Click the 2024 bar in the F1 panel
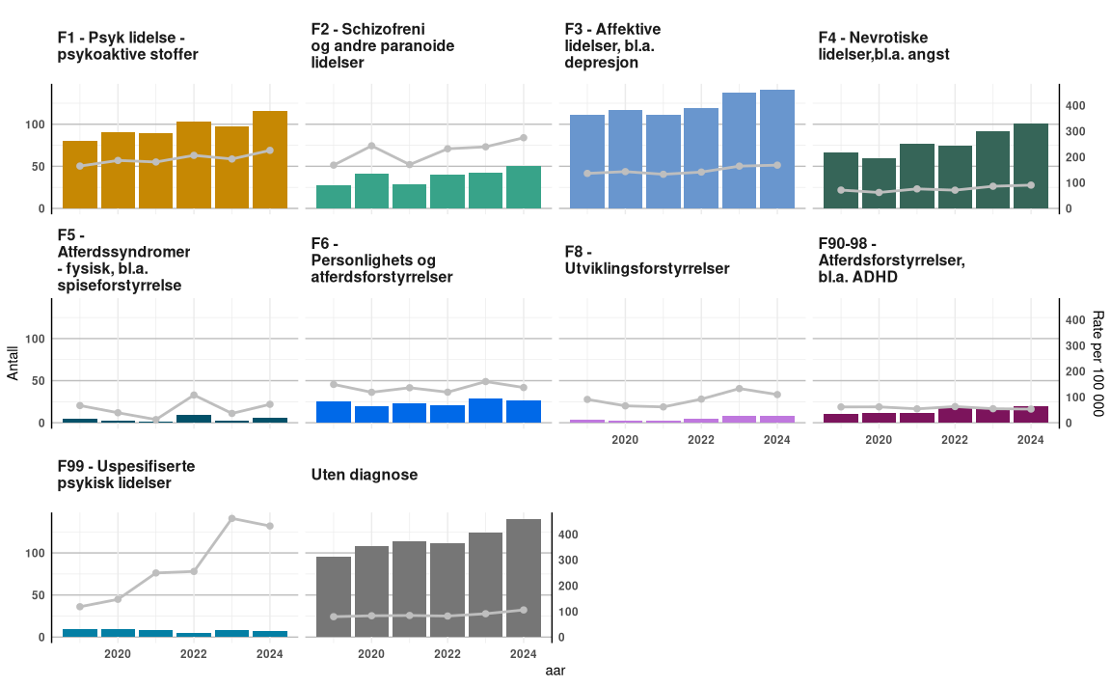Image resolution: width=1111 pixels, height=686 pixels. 270,160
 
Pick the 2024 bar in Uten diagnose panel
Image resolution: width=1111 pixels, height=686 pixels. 524,579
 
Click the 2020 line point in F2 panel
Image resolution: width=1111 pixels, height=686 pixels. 371,146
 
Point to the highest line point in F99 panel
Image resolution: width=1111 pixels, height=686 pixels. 232,519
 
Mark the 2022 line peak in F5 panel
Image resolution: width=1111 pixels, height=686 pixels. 194,396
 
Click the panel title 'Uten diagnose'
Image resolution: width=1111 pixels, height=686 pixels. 365,476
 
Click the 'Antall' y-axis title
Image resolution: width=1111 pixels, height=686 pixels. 13,364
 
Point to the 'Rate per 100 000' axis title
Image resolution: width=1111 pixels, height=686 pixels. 1097,364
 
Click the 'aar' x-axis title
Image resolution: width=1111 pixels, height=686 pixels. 555,671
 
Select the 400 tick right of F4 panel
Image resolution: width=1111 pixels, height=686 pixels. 1075,105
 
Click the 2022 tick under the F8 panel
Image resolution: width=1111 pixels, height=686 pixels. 700,440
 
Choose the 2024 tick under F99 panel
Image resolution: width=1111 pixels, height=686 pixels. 270,654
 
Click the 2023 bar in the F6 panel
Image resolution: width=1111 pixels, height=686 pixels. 486,411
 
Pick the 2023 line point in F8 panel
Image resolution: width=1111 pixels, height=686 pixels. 739,389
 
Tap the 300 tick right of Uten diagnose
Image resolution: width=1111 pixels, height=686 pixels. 568,561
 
